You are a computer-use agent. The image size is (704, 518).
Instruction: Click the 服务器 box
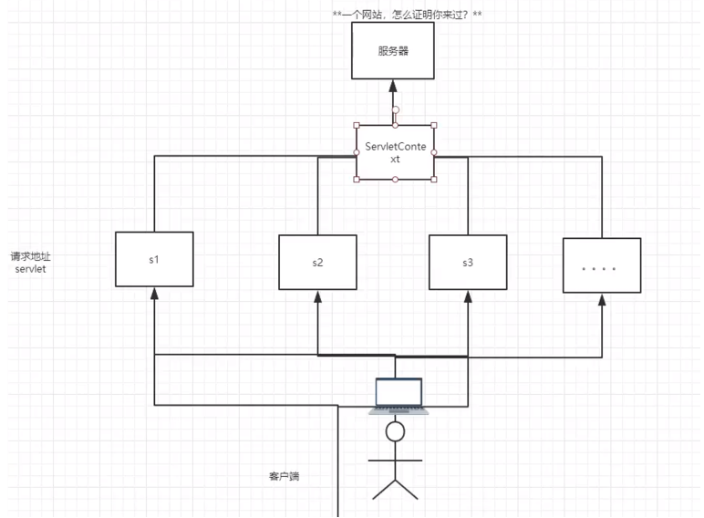[393, 51]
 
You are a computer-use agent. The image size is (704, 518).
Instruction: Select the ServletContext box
[395, 152]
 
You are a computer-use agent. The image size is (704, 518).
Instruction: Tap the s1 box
[154, 259]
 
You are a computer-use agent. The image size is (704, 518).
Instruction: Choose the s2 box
[316, 263]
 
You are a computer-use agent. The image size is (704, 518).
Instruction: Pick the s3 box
[467, 263]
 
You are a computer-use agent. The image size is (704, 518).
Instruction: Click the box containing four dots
[601, 265]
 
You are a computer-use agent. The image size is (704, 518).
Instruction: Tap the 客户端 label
[284, 476]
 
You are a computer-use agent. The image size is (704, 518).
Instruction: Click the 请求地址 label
[31, 256]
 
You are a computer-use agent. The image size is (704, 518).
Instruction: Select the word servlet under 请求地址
[31, 270]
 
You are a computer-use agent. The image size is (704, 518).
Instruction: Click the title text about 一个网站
[408, 16]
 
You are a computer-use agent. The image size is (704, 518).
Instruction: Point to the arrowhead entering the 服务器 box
[394, 87]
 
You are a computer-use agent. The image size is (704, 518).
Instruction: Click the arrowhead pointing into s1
[154, 294]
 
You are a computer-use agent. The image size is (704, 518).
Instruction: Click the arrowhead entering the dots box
[601, 299]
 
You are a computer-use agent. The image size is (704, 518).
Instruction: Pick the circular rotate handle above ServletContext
[395, 109]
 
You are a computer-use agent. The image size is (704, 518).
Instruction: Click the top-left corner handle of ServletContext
[357, 126]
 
